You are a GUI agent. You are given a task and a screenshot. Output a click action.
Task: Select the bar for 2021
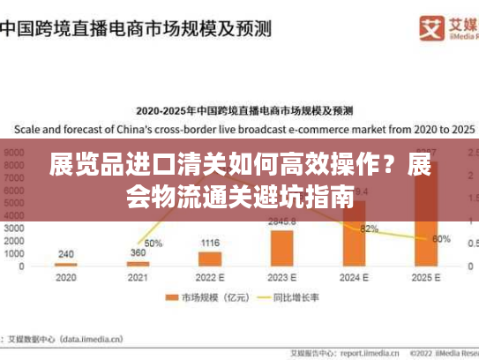138,263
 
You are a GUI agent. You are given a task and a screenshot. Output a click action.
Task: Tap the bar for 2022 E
209,259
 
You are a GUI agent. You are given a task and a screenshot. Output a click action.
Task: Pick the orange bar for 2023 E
281,248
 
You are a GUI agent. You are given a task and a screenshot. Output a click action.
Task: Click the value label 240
65,254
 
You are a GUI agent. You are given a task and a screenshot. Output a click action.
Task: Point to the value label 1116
210,243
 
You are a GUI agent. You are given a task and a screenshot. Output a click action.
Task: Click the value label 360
138,253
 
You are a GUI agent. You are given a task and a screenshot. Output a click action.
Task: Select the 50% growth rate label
153,243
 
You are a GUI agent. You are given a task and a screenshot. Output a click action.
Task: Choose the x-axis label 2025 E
425,276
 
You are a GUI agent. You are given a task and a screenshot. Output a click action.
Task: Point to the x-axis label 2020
65,276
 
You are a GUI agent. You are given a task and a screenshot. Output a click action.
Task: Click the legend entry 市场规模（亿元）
212,298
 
